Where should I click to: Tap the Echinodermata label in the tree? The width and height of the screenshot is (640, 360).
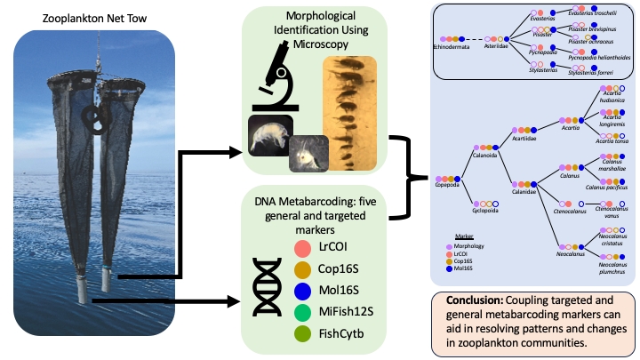pyautogui.click(x=452, y=47)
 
